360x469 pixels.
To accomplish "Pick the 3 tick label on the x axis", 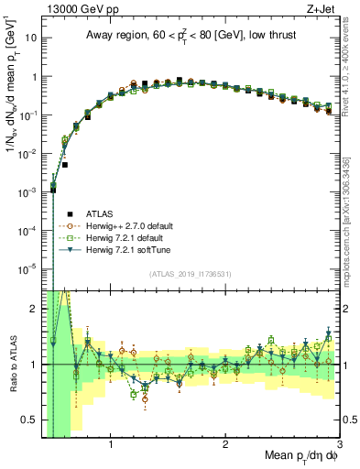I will [339, 445].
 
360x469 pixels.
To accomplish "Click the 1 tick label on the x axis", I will [111, 445].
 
